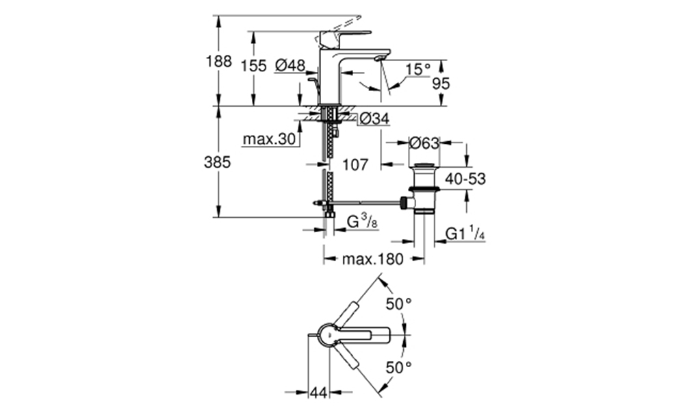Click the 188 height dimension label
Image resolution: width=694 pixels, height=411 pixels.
coord(218,61)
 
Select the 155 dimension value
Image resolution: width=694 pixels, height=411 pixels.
coord(254,66)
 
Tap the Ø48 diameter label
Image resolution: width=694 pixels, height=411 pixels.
coord(290,66)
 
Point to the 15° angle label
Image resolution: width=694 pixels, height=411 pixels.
coord(418,69)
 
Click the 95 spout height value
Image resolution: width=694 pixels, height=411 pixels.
coord(441,84)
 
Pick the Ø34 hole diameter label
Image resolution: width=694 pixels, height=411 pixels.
coord(374,119)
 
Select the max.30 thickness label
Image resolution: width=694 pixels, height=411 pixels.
coord(269,140)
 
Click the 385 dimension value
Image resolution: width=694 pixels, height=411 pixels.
coord(218,162)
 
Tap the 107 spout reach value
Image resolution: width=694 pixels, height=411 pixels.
coord(355,165)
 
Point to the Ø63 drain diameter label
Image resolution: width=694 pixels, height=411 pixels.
coord(424,143)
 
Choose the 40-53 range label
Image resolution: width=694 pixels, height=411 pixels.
coord(465,179)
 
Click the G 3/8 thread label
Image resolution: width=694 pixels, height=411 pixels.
coord(362,221)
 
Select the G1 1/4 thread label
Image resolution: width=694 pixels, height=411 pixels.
coord(465,234)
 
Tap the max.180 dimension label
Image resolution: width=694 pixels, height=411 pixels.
coord(373,259)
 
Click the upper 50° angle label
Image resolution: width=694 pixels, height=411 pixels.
coord(399,304)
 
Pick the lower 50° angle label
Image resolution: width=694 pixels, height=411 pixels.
coord(399,367)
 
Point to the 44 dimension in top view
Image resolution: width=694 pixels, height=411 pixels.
coord(319,393)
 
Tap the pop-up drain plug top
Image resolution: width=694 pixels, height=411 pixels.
coord(424,165)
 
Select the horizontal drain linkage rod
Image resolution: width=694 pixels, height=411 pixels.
coord(368,202)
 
